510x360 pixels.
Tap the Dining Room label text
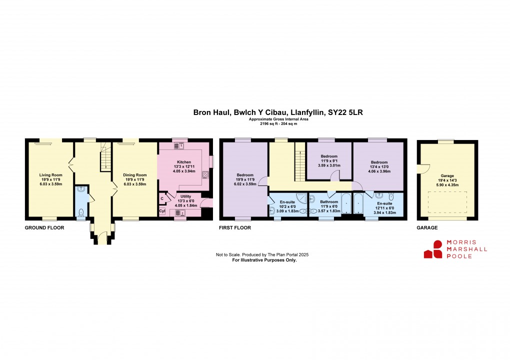tap(133, 175)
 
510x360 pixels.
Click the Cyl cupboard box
tap(162, 211)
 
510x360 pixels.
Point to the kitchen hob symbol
tap(205, 174)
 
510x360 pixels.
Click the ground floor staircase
tap(104, 155)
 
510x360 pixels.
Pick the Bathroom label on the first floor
tap(329, 202)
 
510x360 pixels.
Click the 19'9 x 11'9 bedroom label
tap(245, 179)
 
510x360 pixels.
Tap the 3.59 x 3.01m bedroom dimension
tap(329, 165)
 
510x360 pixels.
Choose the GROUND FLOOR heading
tap(44, 227)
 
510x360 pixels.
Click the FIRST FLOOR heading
tap(235, 227)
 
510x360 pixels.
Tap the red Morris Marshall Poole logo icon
tap(433, 249)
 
